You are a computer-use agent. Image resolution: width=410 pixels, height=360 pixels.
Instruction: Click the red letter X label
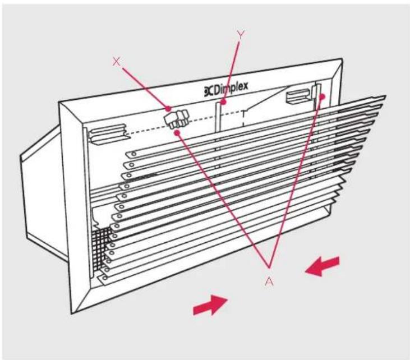117,62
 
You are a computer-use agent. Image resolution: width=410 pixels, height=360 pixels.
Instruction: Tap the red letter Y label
241,34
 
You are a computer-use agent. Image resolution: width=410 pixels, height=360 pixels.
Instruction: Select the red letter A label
269,281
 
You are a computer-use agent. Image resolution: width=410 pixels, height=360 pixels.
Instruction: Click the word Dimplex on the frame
231,88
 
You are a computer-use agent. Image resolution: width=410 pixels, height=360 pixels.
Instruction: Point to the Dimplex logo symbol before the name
209,91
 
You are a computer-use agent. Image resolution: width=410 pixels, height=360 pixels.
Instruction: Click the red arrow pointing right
210,305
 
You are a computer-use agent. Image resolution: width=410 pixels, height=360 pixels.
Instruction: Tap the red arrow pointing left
322,266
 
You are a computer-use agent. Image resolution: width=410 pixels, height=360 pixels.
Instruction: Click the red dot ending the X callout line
168,108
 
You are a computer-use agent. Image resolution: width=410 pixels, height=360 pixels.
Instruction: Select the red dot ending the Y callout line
223,101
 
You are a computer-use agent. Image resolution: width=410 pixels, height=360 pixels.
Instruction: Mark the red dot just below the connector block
178,133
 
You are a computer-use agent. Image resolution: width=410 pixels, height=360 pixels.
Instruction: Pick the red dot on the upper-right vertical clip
322,96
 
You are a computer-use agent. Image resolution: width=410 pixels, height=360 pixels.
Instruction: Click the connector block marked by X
177,119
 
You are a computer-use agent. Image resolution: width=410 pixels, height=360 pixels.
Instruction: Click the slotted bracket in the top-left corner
107,133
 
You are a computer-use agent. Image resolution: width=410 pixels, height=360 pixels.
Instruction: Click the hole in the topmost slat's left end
133,154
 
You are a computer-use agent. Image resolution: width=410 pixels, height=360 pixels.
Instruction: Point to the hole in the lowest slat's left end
105,278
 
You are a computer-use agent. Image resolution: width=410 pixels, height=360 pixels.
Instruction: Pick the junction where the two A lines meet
269,267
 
